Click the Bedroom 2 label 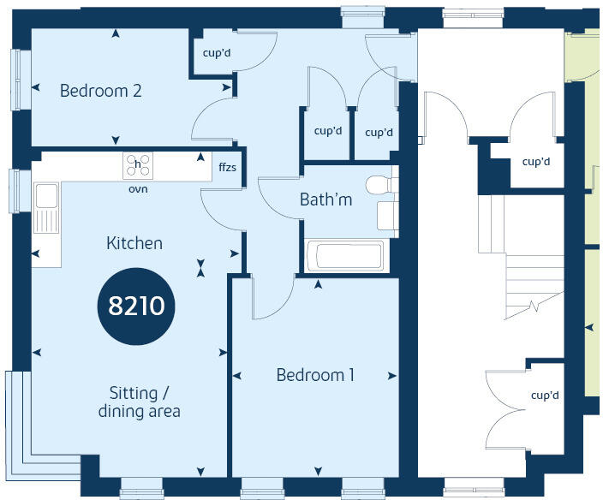coord(100,90)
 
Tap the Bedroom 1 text coord(315,375)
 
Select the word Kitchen coord(134,243)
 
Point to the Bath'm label coord(326,199)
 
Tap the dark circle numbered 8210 coord(136,306)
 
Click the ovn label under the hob coord(137,188)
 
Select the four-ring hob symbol coord(137,164)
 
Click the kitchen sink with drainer coord(45,210)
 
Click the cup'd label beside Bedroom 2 coord(215,52)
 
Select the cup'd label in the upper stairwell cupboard coord(535,162)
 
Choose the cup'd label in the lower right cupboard coord(544,396)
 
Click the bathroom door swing coord(278,199)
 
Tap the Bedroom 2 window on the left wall coord(15,70)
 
